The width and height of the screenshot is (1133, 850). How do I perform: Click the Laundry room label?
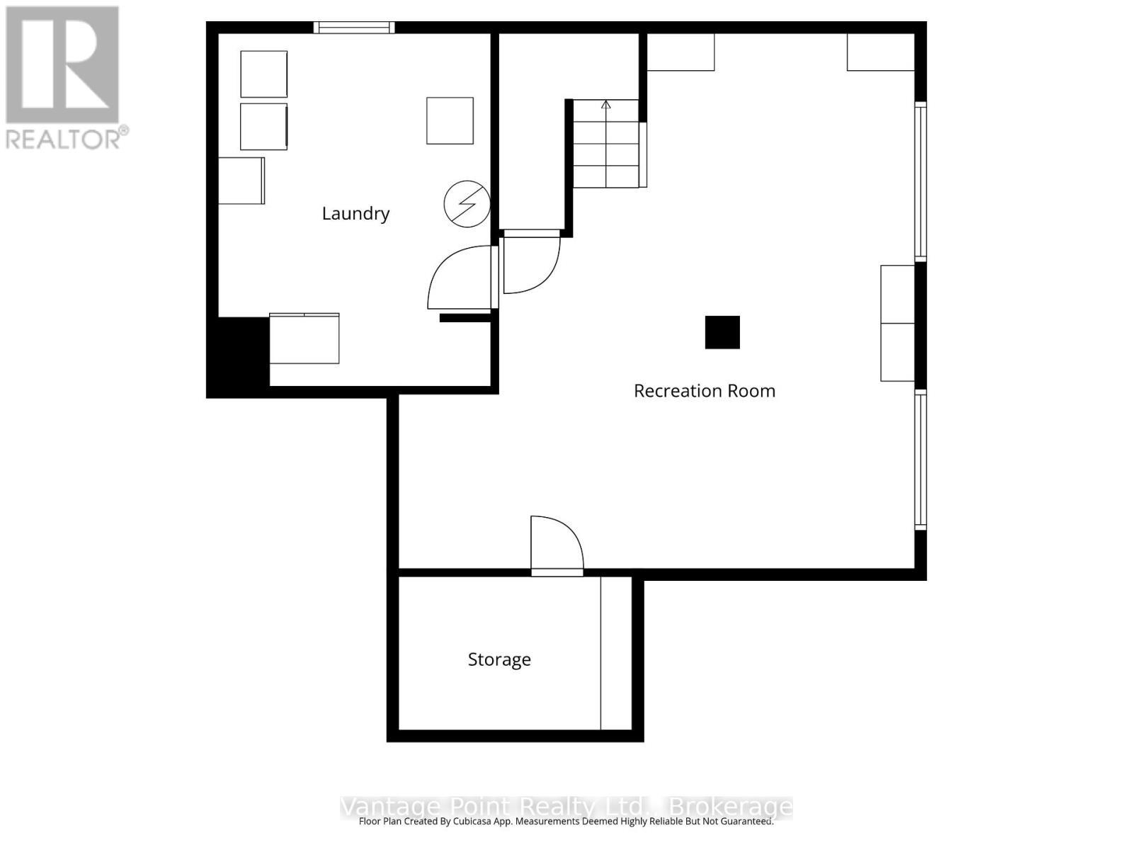(x=355, y=213)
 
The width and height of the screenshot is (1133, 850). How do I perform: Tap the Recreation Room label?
(x=704, y=391)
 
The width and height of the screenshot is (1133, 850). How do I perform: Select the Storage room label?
(x=499, y=659)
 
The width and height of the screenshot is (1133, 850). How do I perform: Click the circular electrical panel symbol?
(x=467, y=204)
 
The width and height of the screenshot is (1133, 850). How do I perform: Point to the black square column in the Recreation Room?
(x=722, y=332)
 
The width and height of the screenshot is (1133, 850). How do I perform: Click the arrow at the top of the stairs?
(x=606, y=105)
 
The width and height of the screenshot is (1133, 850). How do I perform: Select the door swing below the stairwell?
(x=531, y=263)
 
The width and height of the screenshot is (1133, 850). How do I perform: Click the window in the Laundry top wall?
(x=354, y=28)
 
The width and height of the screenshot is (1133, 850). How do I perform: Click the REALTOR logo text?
(x=67, y=137)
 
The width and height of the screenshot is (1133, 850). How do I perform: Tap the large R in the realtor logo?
(x=62, y=65)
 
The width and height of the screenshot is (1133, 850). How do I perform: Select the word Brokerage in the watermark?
(x=731, y=807)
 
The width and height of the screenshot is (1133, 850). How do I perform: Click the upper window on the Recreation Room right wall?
(x=921, y=181)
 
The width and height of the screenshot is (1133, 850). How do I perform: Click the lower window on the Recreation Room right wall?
(x=921, y=460)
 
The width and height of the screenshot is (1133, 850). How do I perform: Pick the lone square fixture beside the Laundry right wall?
(x=450, y=121)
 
